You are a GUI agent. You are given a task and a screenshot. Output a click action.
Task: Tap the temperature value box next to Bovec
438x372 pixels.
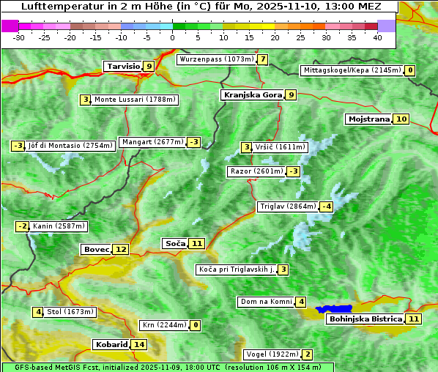(121, 249)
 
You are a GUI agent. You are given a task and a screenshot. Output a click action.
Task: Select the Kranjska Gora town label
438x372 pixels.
(251, 94)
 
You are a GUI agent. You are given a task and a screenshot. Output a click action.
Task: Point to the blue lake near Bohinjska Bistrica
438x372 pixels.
(335, 310)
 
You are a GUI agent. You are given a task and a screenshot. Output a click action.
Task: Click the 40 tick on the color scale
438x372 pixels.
(377, 37)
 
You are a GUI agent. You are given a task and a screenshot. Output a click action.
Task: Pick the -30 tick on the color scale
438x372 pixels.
(19, 37)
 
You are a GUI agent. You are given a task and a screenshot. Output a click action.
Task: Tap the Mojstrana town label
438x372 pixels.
(369, 119)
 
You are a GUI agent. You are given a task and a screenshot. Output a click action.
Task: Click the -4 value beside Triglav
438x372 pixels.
(327, 207)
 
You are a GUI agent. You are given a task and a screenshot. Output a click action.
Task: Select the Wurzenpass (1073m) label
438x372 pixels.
(217, 59)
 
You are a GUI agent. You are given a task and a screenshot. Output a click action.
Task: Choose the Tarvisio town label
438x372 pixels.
(122, 66)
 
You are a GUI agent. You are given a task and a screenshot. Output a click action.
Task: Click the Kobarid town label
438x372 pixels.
(111, 344)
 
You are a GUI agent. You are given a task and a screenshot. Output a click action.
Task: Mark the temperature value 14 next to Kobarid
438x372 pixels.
(139, 344)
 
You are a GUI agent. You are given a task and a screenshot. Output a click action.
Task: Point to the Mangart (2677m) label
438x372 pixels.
(152, 142)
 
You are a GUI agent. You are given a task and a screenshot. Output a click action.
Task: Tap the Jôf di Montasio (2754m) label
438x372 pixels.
(70, 146)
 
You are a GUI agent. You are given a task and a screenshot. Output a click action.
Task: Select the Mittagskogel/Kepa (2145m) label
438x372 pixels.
(352, 70)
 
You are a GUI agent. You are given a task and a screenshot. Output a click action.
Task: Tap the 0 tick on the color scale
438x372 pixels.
(173, 37)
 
